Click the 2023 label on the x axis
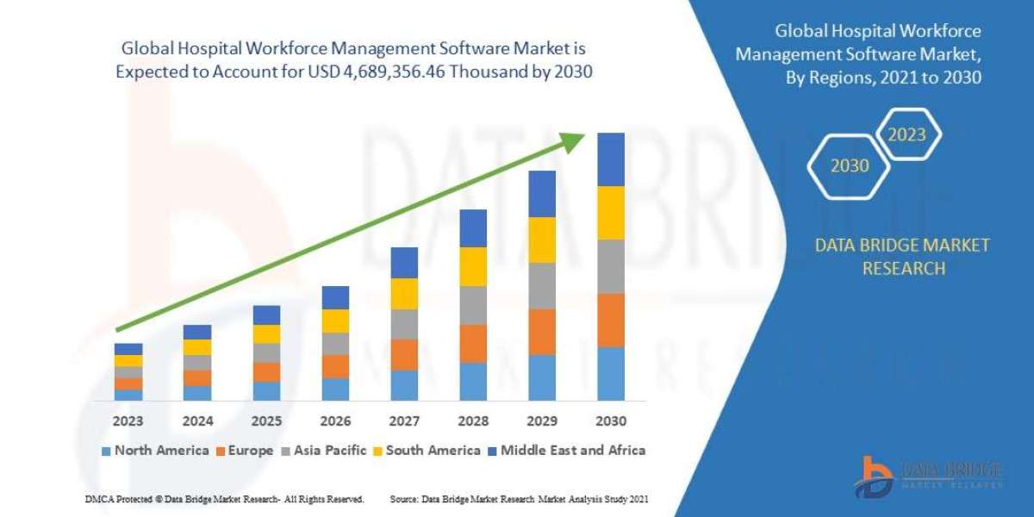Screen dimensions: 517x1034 (128, 421)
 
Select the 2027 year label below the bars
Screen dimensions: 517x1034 (404, 421)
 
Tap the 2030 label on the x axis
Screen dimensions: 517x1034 (610, 421)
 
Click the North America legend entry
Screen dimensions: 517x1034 (155, 450)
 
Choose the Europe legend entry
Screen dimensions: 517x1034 (245, 450)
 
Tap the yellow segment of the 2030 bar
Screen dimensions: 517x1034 (610, 213)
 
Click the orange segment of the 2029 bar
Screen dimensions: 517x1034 (542, 332)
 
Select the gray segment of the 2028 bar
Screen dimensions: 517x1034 (473, 305)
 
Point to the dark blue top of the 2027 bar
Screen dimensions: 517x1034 (404, 263)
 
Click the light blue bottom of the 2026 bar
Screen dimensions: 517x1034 (335, 389)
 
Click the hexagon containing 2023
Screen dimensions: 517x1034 (906, 134)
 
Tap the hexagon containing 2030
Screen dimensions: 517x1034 (850, 165)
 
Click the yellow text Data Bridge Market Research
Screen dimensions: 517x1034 (902, 257)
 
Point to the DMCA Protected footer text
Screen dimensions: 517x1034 (224, 499)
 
